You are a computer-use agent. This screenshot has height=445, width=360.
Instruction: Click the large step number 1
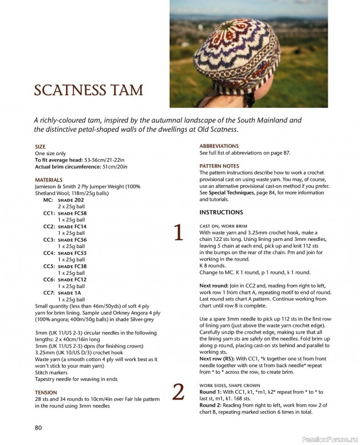click(x=179, y=233)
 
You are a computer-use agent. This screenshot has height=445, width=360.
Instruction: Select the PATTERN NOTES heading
click(x=219, y=166)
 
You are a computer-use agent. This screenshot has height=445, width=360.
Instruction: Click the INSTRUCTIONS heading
click(x=221, y=212)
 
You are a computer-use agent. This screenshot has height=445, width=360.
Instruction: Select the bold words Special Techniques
click(x=233, y=192)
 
